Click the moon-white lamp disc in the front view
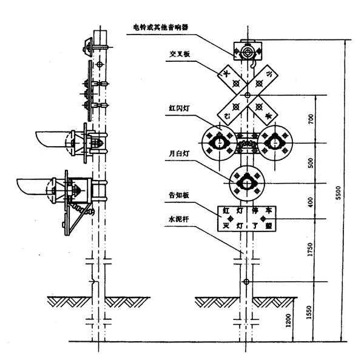248,181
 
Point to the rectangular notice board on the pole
248,218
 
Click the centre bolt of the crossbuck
248,95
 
